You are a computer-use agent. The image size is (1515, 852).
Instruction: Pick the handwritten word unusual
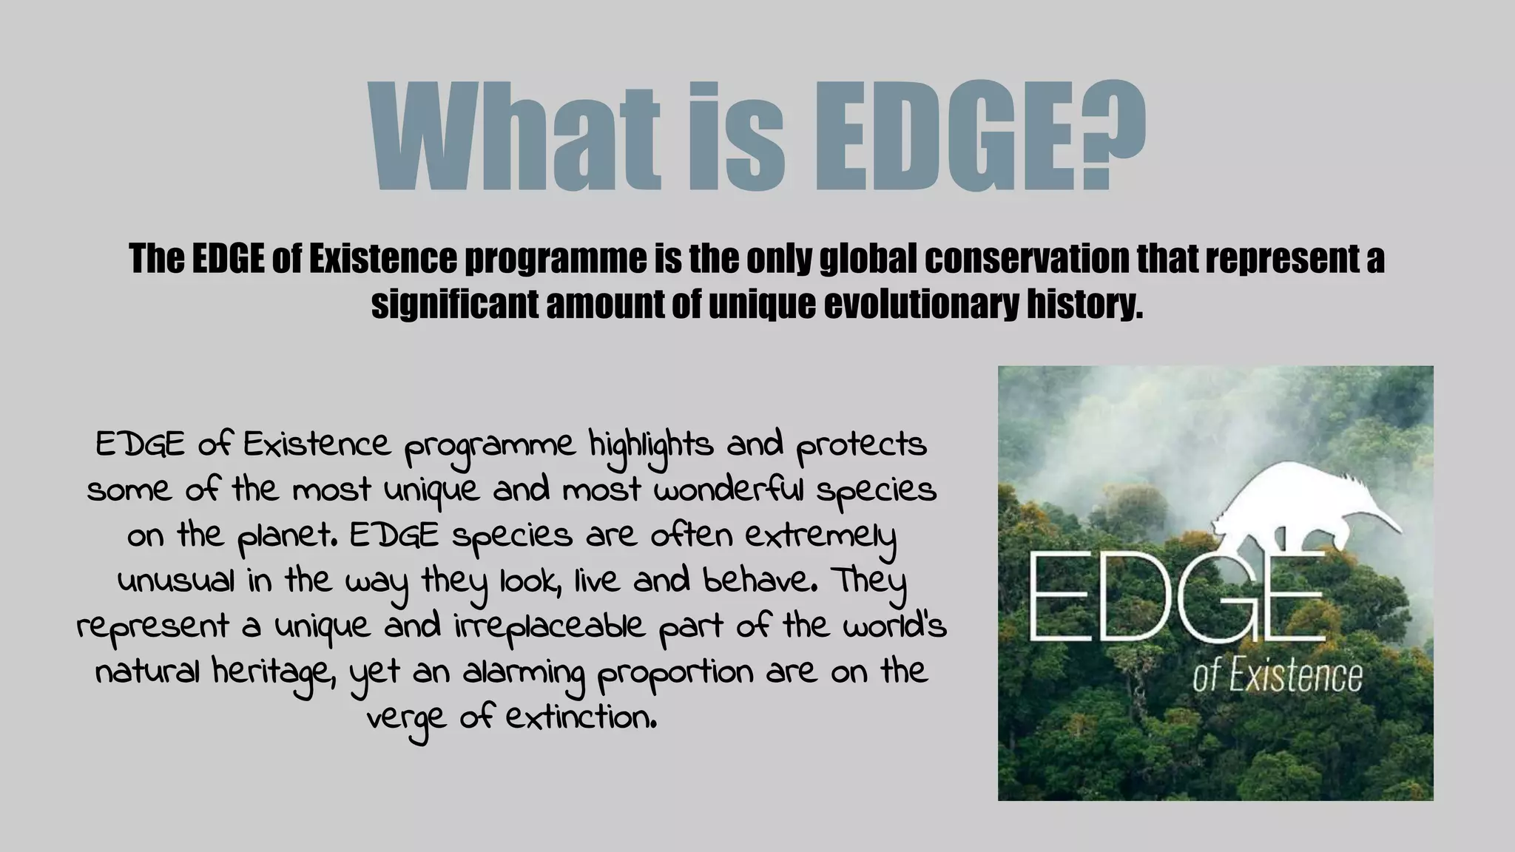click(176, 581)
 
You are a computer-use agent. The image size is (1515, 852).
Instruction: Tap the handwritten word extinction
click(581, 717)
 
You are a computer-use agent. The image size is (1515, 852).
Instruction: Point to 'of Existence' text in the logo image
click(1277, 677)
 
